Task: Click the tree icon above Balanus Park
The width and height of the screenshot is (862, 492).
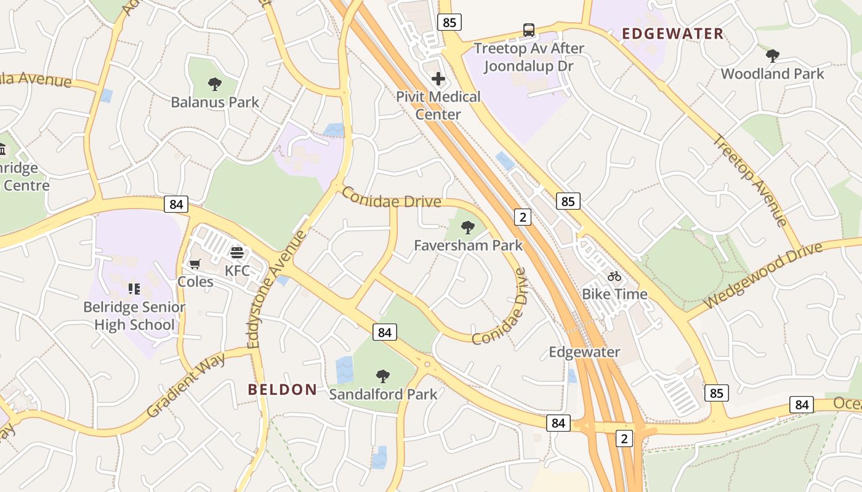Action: pos(214,84)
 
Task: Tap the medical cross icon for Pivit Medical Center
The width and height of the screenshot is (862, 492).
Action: pos(438,79)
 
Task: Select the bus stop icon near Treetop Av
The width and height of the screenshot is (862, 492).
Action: pos(529,30)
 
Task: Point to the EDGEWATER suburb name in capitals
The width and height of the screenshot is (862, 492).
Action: pos(672,34)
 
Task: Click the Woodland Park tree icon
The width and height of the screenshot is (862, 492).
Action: pos(772,56)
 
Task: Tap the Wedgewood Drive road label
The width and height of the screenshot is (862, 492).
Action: pos(763,276)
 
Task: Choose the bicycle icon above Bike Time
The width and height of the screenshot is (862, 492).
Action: pos(614,276)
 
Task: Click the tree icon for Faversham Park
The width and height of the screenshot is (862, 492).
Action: pos(468,228)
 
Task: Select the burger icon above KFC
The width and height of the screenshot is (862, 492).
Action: pos(237,252)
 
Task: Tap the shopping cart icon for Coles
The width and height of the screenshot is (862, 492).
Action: pos(195,264)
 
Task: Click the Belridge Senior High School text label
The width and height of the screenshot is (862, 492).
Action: pos(134,315)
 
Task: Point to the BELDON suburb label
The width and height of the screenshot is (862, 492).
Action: pos(283,389)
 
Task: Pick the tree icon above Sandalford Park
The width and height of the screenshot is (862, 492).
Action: pos(383,375)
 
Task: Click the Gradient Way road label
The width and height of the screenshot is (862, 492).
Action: pos(187,385)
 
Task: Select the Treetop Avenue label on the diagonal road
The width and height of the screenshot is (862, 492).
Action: pos(750,180)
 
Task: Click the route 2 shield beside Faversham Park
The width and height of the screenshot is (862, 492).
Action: pos(523,216)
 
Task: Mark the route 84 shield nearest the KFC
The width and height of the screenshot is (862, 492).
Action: pos(176,204)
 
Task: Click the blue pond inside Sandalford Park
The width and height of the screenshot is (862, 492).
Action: pos(344,370)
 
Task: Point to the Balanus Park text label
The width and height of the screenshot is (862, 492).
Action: pos(215,102)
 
